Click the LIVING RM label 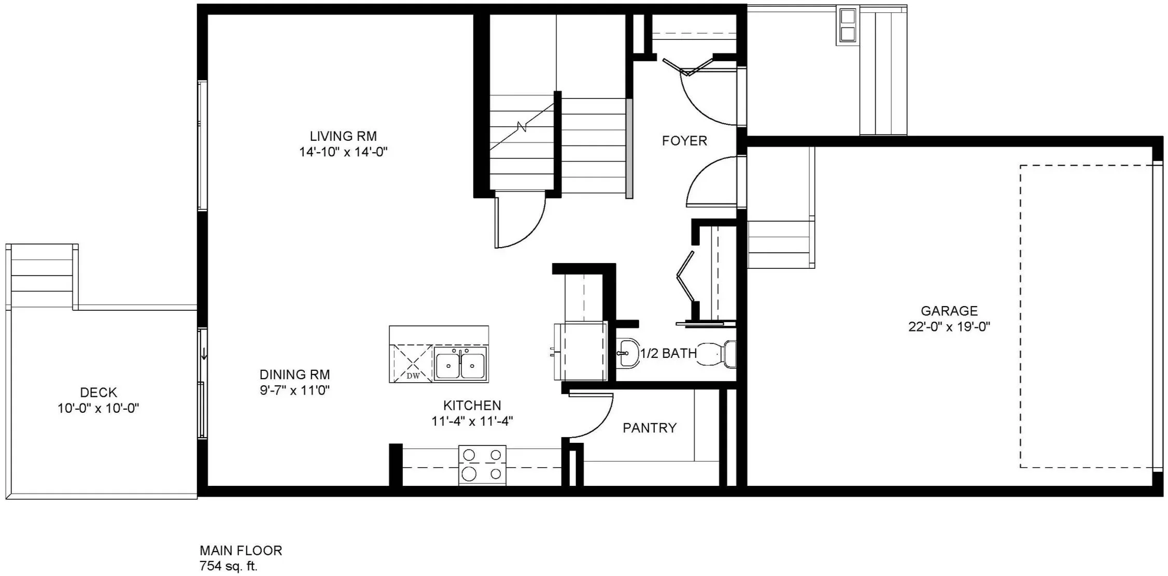coord(343,136)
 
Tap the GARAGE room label coord(949,311)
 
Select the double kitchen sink coord(460,364)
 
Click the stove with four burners coord(482,465)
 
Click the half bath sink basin coord(628,353)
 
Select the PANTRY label coord(650,428)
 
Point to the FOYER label coord(684,141)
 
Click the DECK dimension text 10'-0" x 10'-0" coord(98,408)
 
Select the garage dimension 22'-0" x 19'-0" coord(949,327)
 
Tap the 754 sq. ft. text coord(229,566)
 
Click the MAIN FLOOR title coord(241,550)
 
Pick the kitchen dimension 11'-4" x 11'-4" coord(472,421)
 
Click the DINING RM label coord(294,374)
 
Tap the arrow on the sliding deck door coord(204,354)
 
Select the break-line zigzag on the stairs coord(522,126)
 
